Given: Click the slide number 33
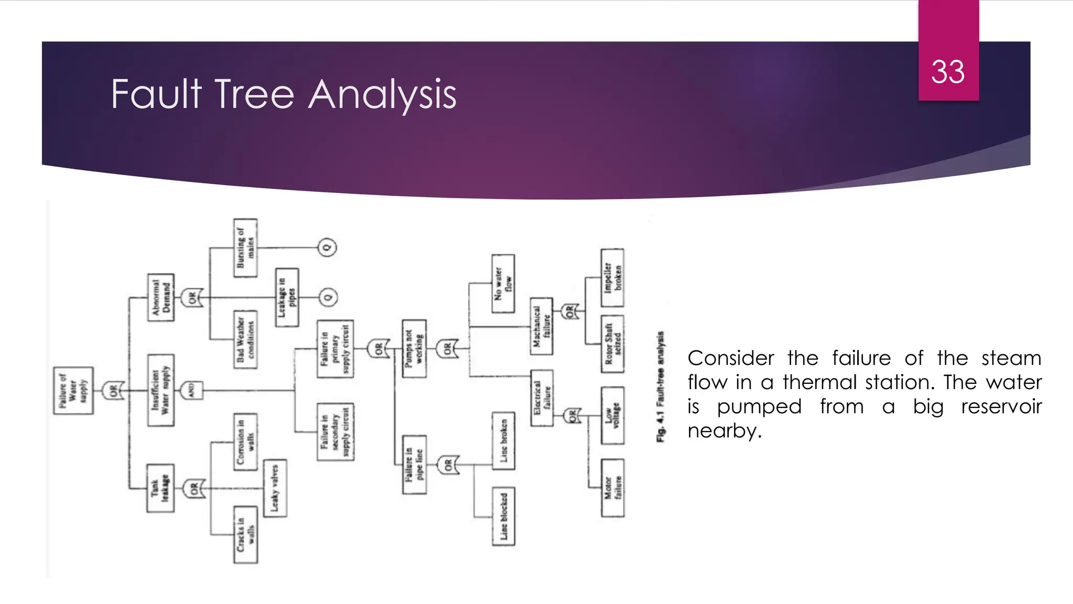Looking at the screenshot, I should [x=948, y=72].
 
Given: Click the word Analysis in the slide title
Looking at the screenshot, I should [x=382, y=94].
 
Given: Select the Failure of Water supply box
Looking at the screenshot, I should [x=73, y=391].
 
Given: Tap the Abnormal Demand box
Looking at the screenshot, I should [x=161, y=297].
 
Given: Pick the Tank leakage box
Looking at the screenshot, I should [x=160, y=488].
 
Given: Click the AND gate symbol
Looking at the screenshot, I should [x=192, y=391].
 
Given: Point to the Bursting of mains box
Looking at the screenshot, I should [x=245, y=248].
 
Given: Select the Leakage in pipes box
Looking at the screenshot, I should [x=287, y=297].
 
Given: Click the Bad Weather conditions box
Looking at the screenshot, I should [x=245, y=339].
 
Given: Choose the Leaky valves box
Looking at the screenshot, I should [x=275, y=488].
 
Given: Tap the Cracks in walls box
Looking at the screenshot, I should [x=245, y=535].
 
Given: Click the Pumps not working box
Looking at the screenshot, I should [x=414, y=349].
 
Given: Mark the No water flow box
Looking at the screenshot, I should [x=503, y=284].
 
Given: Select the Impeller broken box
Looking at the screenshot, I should [x=612, y=277].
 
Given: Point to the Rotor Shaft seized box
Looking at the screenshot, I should [x=612, y=344].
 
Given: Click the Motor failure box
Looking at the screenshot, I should [x=612, y=488].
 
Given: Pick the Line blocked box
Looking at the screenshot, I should [x=503, y=516].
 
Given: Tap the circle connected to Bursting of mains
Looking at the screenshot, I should [x=327, y=247].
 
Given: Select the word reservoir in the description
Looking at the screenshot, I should [x=1001, y=406].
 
